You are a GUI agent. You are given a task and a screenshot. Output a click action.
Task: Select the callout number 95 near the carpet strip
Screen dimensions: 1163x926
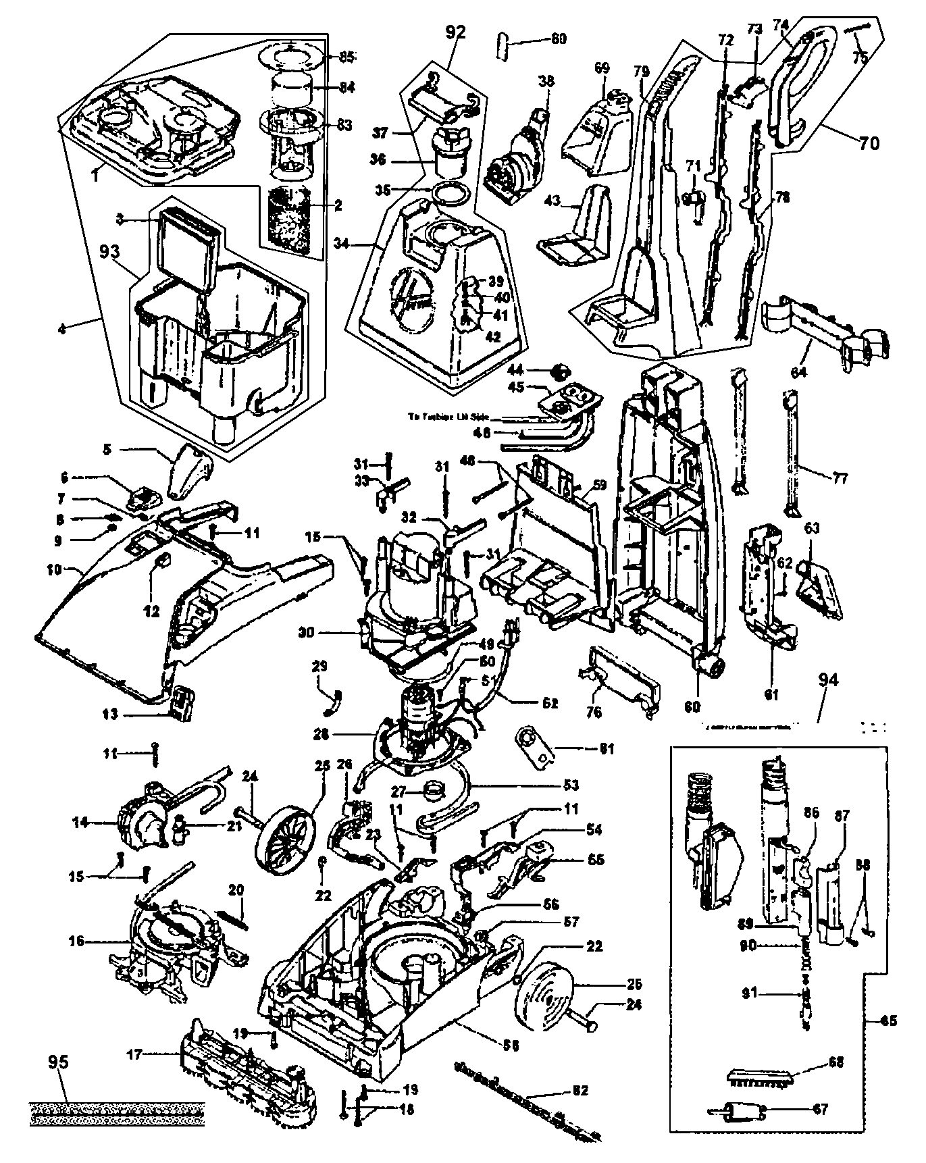click(x=59, y=1062)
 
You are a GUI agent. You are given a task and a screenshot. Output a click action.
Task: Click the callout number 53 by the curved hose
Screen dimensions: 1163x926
click(x=571, y=785)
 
